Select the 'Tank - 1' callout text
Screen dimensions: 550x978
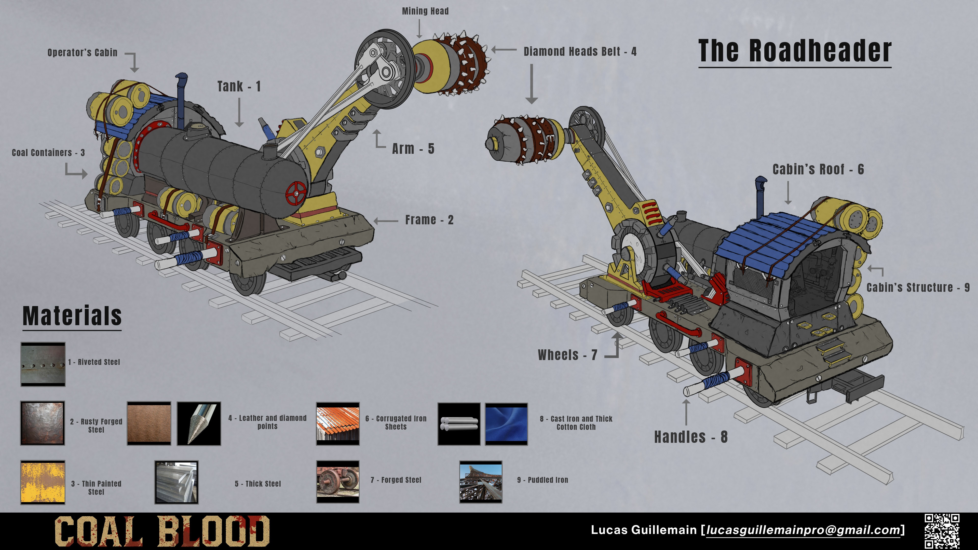pyautogui.click(x=239, y=87)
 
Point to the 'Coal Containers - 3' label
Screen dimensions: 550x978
pyautogui.click(x=48, y=153)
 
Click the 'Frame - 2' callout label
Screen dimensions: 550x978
pyautogui.click(x=429, y=220)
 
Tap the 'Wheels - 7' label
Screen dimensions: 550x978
pyautogui.click(x=567, y=355)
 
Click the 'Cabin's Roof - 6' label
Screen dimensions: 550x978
pyautogui.click(x=818, y=169)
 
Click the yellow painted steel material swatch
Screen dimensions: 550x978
pyautogui.click(x=43, y=482)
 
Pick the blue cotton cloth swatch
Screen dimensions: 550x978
pyautogui.click(x=506, y=424)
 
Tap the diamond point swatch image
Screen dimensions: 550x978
pyautogui.click(x=199, y=424)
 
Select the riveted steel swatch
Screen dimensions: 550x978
pyautogui.click(x=43, y=364)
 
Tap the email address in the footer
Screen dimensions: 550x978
pyautogui.click(x=803, y=530)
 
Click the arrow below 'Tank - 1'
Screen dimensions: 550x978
pyautogui.click(x=239, y=112)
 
